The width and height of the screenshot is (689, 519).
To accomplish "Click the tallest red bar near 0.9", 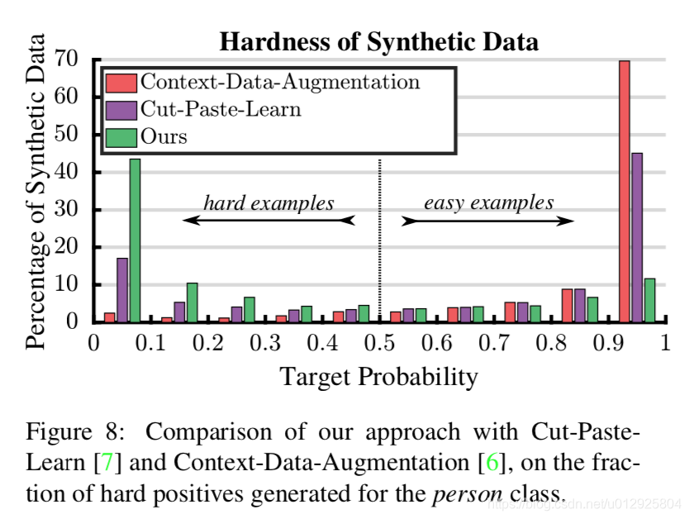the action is pyautogui.click(x=625, y=190).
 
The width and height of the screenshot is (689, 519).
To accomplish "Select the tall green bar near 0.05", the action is pyautogui.click(x=135, y=240).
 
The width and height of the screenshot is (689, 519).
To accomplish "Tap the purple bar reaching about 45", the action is pyautogui.click(x=637, y=236).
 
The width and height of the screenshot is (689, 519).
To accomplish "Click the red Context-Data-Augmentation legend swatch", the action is pyautogui.click(x=122, y=82).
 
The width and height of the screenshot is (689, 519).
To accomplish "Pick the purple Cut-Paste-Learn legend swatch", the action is pyautogui.click(x=122, y=109).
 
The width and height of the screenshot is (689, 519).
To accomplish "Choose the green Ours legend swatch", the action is pyautogui.click(x=122, y=136).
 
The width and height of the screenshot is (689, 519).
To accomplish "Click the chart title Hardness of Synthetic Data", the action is pyautogui.click(x=378, y=41).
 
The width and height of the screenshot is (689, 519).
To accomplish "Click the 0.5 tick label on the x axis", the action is pyautogui.click(x=380, y=341).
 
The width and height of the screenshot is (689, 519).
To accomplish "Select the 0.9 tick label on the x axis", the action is pyautogui.click(x=609, y=341).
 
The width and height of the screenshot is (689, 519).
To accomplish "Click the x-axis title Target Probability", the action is pyautogui.click(x=379, y=377).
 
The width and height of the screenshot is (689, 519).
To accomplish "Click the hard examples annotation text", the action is pyautogui.click(x=268, y=202).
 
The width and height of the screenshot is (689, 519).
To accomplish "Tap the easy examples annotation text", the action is pyautogui.click(x=489, y=202).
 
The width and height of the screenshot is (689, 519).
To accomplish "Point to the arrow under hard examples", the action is pyautogui.click(x=268, y=221).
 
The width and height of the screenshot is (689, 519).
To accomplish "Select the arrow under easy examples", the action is pyautogui.click(x=487, y=221).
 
